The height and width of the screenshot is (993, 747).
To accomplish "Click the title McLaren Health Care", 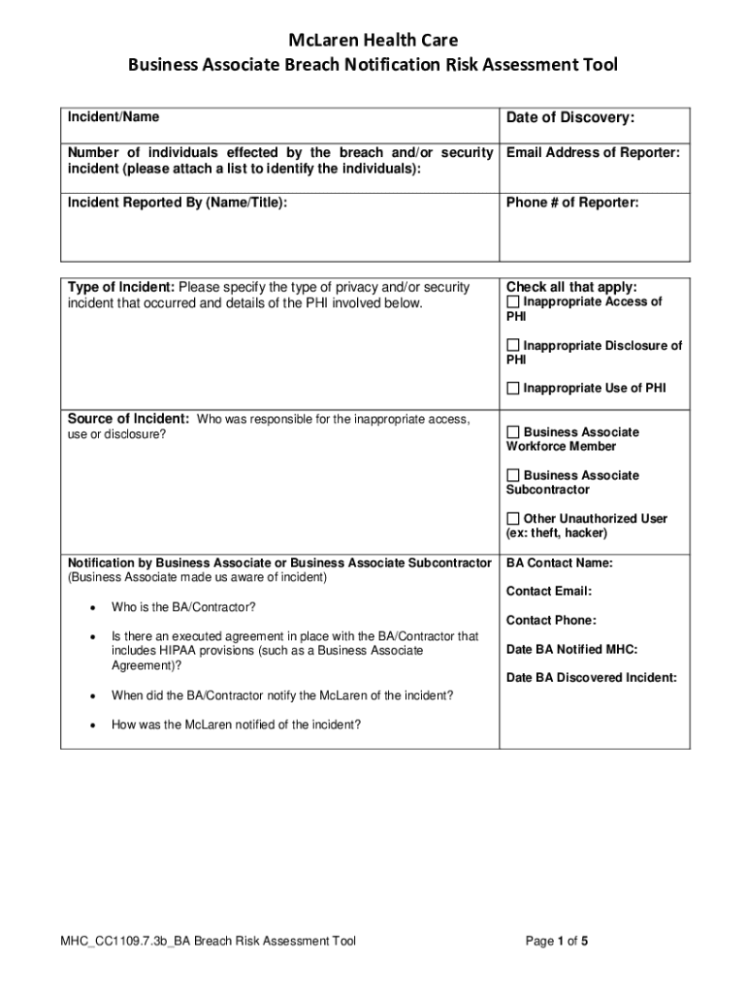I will pyautogui.click(x=373, y=40).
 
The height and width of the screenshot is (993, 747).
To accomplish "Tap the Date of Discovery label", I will pyautogui.click(x=570, y=118).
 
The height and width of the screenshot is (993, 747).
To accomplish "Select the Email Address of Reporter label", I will pyautogui.click(x=593, y=153).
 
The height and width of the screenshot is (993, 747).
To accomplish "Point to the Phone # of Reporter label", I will pyautogui.click(x=572, y=203).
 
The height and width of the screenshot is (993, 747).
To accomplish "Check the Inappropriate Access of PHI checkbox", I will pyautogui.click(x=513, y=303).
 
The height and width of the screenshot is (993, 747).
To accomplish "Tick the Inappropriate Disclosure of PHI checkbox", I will pyautogui.click(x=513, y=346).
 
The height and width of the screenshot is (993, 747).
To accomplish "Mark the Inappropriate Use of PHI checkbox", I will pyautogui.click(x=513, y=389).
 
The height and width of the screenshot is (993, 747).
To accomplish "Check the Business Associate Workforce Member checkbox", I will pyautogui.click(x=513, y=432).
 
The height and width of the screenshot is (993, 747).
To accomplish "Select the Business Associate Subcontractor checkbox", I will pyautogui.click(x=513, y=476).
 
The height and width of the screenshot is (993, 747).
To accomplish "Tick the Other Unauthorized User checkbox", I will pyautogui.click(x=513, y=519).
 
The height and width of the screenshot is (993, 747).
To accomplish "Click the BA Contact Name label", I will pyautogui.click(x=559, y=562).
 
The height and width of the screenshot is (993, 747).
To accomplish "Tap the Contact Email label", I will pyautogui.click(x=548, y=592).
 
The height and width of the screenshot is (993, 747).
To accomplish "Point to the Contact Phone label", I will pyautogui.click(x=551, y=621).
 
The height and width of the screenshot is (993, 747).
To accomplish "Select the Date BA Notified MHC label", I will pyautogui.click(x=571, y=650).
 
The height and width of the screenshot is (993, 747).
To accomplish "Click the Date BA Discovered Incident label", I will pyautogui.click(x=591, y=678).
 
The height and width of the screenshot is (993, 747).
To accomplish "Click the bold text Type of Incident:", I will pyautogui.click(x=121, y=287).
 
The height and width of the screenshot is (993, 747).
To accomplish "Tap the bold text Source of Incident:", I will pyautogui.click(x=128, y=419).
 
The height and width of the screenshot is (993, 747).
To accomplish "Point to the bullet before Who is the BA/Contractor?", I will pyautogui.click(x=90, y=608).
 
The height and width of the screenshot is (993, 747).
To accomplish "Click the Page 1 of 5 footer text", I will pyautogui.click(x=557, y=941).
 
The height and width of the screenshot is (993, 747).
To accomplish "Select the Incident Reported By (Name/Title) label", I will pyautogui.click(x=177, y=203).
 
